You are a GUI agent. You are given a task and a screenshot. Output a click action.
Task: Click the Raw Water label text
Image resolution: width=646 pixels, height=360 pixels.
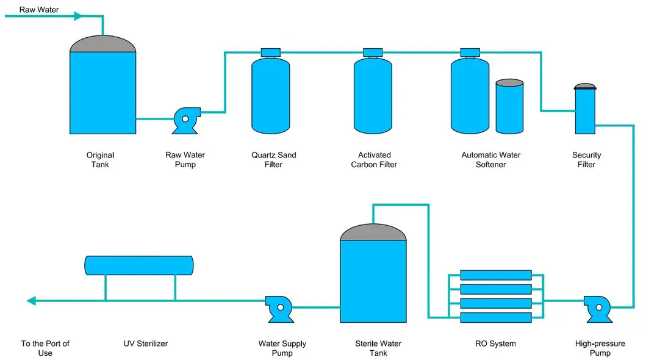coord(39,10)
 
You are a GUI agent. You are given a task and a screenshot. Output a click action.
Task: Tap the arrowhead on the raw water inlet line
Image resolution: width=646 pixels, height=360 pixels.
coord(78,16)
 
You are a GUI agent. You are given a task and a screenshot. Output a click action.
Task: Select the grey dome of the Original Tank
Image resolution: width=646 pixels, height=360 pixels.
coord(102,44)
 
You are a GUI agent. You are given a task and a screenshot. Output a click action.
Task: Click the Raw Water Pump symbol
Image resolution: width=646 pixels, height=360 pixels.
coord(183,120)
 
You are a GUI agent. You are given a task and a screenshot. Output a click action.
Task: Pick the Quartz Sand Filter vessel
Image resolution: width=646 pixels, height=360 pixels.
coord(270,95)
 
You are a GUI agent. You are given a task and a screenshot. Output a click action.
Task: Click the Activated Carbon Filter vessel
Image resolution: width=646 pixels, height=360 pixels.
coord(373,95)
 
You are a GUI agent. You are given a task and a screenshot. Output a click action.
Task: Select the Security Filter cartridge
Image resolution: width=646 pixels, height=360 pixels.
coord(585,110)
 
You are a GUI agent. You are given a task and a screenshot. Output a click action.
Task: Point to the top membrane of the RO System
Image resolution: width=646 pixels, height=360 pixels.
coord(495,275)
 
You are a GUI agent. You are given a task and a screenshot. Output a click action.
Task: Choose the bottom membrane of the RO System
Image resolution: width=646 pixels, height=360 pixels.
coord(495,317)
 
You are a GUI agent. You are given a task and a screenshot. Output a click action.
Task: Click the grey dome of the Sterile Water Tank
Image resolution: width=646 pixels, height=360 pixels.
coord(373,232)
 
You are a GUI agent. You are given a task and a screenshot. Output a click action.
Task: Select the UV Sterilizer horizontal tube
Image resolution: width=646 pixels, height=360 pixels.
coord(138,265)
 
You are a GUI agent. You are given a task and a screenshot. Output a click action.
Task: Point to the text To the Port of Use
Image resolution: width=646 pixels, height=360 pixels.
coord(45,348)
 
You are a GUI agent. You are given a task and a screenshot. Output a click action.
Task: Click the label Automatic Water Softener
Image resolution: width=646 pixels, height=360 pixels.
coord(490,160)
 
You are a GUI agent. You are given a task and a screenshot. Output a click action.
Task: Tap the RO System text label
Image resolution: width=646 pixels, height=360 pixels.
coord(495,344)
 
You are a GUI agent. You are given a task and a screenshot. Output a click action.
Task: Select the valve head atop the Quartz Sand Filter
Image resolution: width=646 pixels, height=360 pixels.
coord(270,52)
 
